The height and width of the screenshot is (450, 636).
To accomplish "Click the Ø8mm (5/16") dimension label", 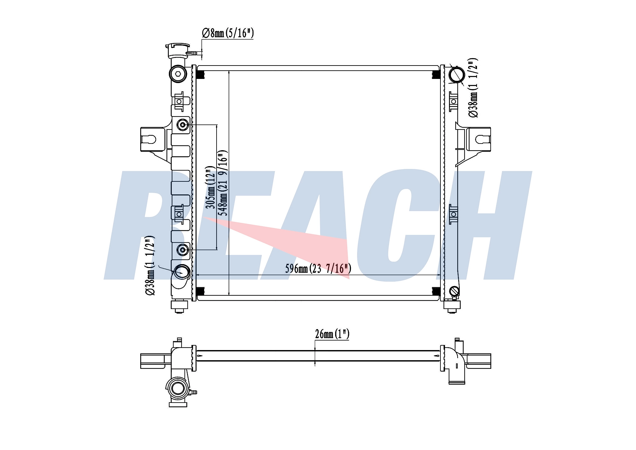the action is coord(228,33).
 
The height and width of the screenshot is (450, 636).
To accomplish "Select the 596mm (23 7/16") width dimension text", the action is coord(318,269).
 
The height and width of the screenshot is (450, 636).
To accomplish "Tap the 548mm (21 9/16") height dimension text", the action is coord(223,183).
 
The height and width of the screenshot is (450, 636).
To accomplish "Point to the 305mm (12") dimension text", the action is coord(211,187).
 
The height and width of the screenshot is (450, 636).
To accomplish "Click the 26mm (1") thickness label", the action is coord(332,334).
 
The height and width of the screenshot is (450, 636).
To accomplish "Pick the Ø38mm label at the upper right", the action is coord(473,88).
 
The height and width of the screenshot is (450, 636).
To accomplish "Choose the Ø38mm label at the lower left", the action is coord(150,266).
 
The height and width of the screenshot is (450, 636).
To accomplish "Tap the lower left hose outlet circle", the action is coord(183,272).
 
